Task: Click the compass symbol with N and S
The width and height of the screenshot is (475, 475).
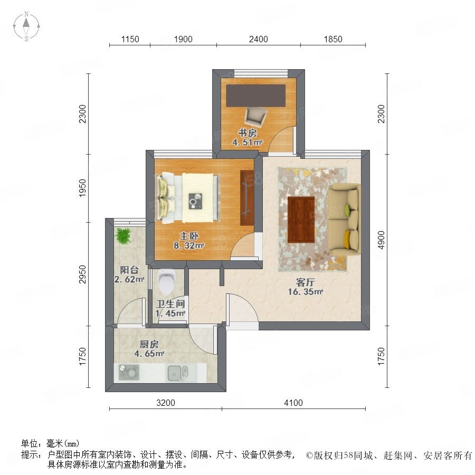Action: [26, 26]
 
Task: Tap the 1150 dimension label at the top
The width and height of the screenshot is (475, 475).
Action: [130, 40]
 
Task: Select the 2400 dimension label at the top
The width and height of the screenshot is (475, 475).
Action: [259, 40]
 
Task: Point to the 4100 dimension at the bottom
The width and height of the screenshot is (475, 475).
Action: [293, 403]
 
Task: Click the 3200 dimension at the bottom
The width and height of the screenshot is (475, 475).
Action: [166, 403]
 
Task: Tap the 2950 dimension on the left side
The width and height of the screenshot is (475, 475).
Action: [82, 274]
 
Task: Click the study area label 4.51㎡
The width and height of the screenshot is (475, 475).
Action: [247, 142]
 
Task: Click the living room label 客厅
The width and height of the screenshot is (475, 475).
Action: [306, 282]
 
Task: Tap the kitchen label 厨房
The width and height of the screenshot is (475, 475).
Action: [149, 345]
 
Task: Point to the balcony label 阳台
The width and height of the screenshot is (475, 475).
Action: [129, 270]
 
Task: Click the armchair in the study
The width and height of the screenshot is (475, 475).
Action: [256, 116]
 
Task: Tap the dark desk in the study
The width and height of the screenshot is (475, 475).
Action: [256, 96]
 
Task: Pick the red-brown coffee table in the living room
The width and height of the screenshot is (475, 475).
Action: [301, 220]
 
